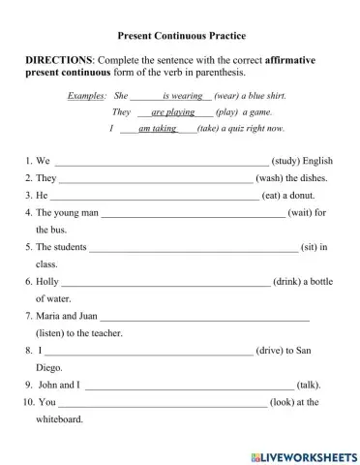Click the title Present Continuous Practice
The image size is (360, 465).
pos(181,35)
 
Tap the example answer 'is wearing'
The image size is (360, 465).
pos(182,97)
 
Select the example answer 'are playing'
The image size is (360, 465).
pos(173,112)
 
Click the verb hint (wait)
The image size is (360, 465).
pos(301,212)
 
